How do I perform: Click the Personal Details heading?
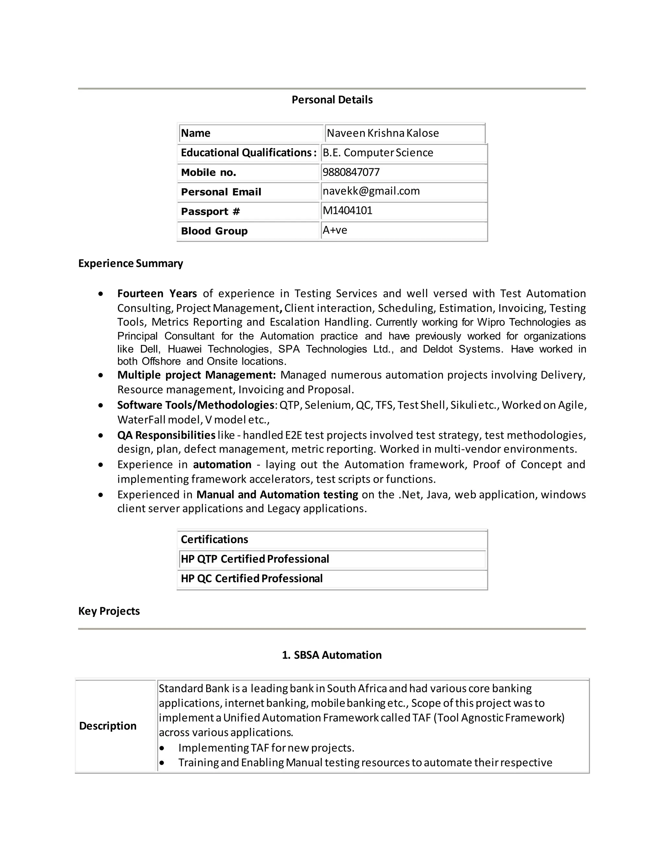pos(332,100)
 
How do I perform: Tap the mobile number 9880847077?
pos(351,172)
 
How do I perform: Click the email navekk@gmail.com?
pos(371,191)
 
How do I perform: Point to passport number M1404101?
pos(347,210)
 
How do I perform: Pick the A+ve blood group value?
pos(335,230)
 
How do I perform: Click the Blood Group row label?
pos(214,231)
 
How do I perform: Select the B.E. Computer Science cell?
pos(378,153)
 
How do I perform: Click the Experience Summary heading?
pos(131,263)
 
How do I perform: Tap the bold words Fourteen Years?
pos(157,293)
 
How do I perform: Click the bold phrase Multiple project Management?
pos(196,375)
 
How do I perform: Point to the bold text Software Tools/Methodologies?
pos(195,405)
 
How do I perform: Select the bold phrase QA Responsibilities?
pos(166,435)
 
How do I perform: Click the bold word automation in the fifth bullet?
pos(222,465)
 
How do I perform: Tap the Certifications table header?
pos(214,539)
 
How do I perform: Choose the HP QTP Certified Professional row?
pos(255,559)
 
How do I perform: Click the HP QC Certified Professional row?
pos(251,578)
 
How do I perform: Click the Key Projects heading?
pos(109,611)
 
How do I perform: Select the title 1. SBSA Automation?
pos(332,655)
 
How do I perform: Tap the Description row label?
pos(108,726)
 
